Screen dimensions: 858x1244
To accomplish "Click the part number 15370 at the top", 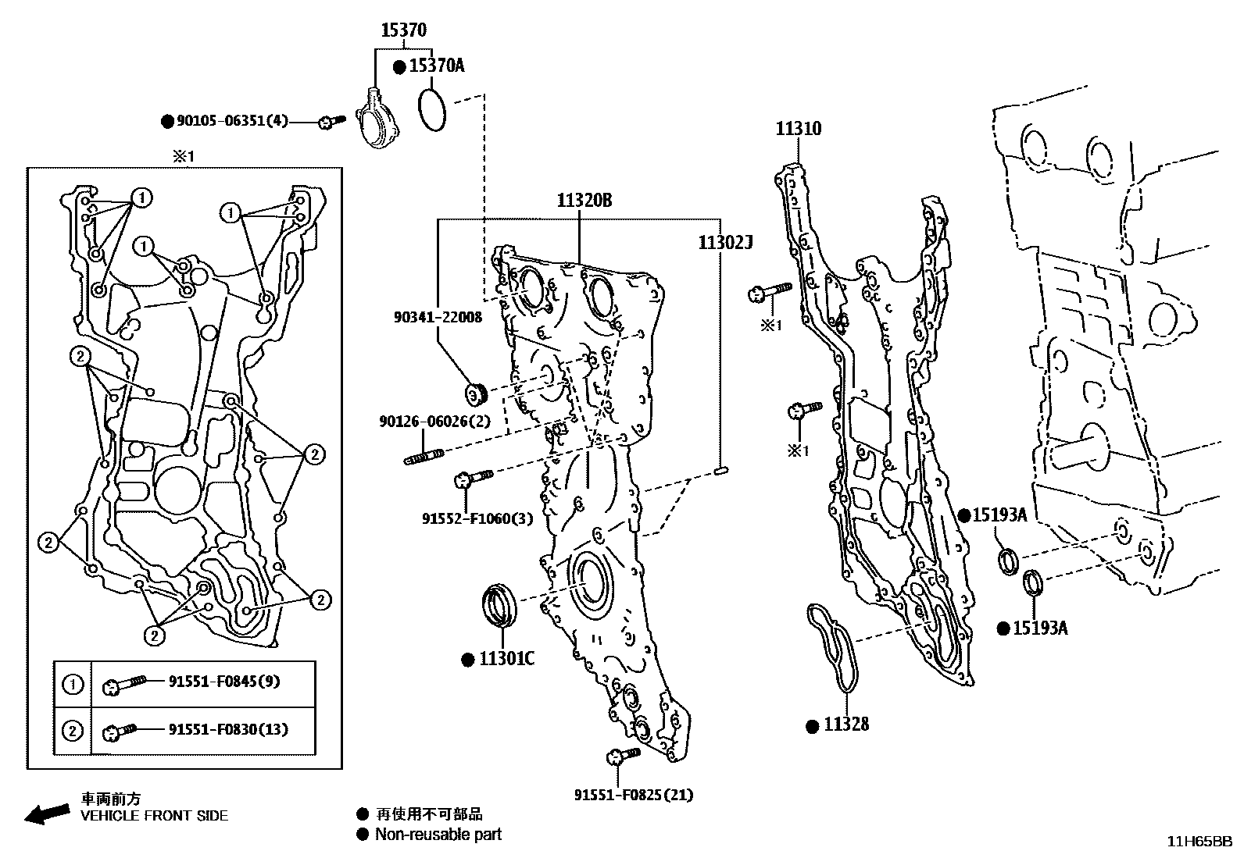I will [x=403, y=30].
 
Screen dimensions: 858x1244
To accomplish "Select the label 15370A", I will [x=437, y=66].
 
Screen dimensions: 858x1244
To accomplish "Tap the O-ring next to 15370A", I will [x=431, y=110].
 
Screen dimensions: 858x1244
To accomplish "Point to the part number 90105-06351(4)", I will [x=232, y=121].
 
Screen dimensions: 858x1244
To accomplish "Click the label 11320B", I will [x=584, y=201].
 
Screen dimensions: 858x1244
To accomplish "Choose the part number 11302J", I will [x=724, y=244].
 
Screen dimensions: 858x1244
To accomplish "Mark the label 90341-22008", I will [x=438, y=317].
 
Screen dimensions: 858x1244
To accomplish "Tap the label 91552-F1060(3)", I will [x=477, y=518].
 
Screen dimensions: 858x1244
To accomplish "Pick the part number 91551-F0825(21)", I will [x=633, y=795].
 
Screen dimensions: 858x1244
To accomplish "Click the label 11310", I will [x=798, y=129].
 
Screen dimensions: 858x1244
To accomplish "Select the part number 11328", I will [x=846, y=725].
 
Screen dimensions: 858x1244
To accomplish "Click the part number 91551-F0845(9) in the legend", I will [x=224, y=682].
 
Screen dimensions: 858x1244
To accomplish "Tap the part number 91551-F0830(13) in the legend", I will [x=227, y=729].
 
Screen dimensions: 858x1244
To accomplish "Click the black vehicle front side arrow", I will [x=45, y=812].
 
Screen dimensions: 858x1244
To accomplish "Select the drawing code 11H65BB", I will [x=1199, y=841].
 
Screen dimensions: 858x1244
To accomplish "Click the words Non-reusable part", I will [x=438, y=835].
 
